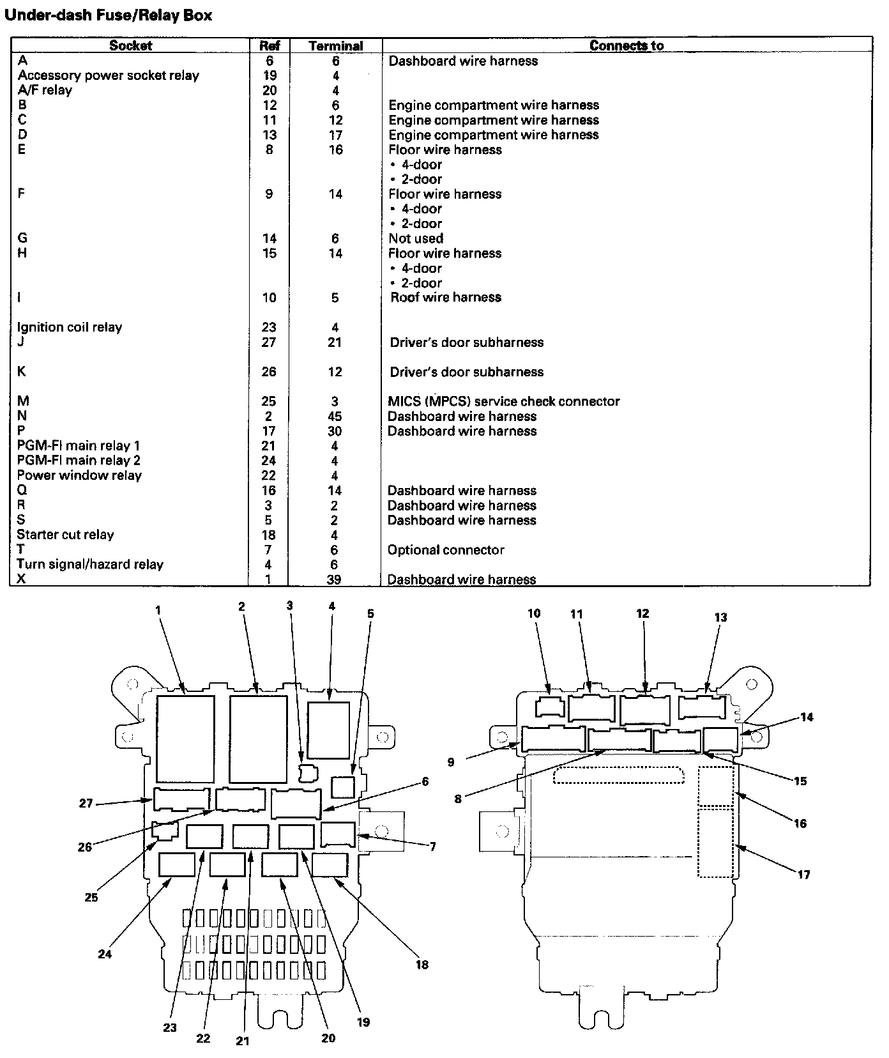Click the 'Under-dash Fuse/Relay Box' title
pos(109,15)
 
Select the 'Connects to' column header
pos(627,45)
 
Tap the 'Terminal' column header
pos(335,46)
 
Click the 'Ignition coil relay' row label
pos(70,327)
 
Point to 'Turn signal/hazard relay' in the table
pos(90,564)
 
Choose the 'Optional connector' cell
pos(446,549)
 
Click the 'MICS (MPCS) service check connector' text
pos(504,401)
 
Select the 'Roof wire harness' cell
pos(446,297)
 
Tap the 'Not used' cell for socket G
pos(416,238)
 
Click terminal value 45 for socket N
pos(335,416)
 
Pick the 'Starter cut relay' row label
pos(65,535)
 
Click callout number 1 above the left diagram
pos(158,610)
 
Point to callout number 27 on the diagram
pos(86,804)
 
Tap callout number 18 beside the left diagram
pos(422,965)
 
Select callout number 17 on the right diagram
pos(803,875)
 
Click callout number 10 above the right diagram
pos(534,613)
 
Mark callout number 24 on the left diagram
pos(105,954)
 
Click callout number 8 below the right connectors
pos(458,799)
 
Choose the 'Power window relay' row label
pos(79,475)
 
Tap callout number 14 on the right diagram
pos(807,717)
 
